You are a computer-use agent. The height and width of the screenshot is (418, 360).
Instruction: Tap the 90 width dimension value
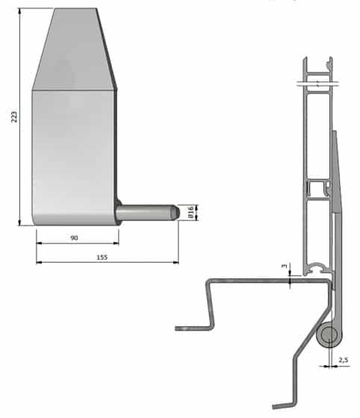point(74,238)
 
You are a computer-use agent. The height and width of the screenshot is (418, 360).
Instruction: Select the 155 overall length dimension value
point(102,257)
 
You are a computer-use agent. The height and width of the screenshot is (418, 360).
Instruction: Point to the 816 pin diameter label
point(190,212)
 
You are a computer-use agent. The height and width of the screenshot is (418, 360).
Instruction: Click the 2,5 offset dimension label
point(344,360)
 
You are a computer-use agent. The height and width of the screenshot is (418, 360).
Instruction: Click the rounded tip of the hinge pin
point(176,212)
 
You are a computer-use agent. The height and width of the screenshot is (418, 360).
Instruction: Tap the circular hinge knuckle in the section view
point(329,335)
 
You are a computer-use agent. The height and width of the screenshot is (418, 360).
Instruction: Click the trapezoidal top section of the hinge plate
point(74,49)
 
